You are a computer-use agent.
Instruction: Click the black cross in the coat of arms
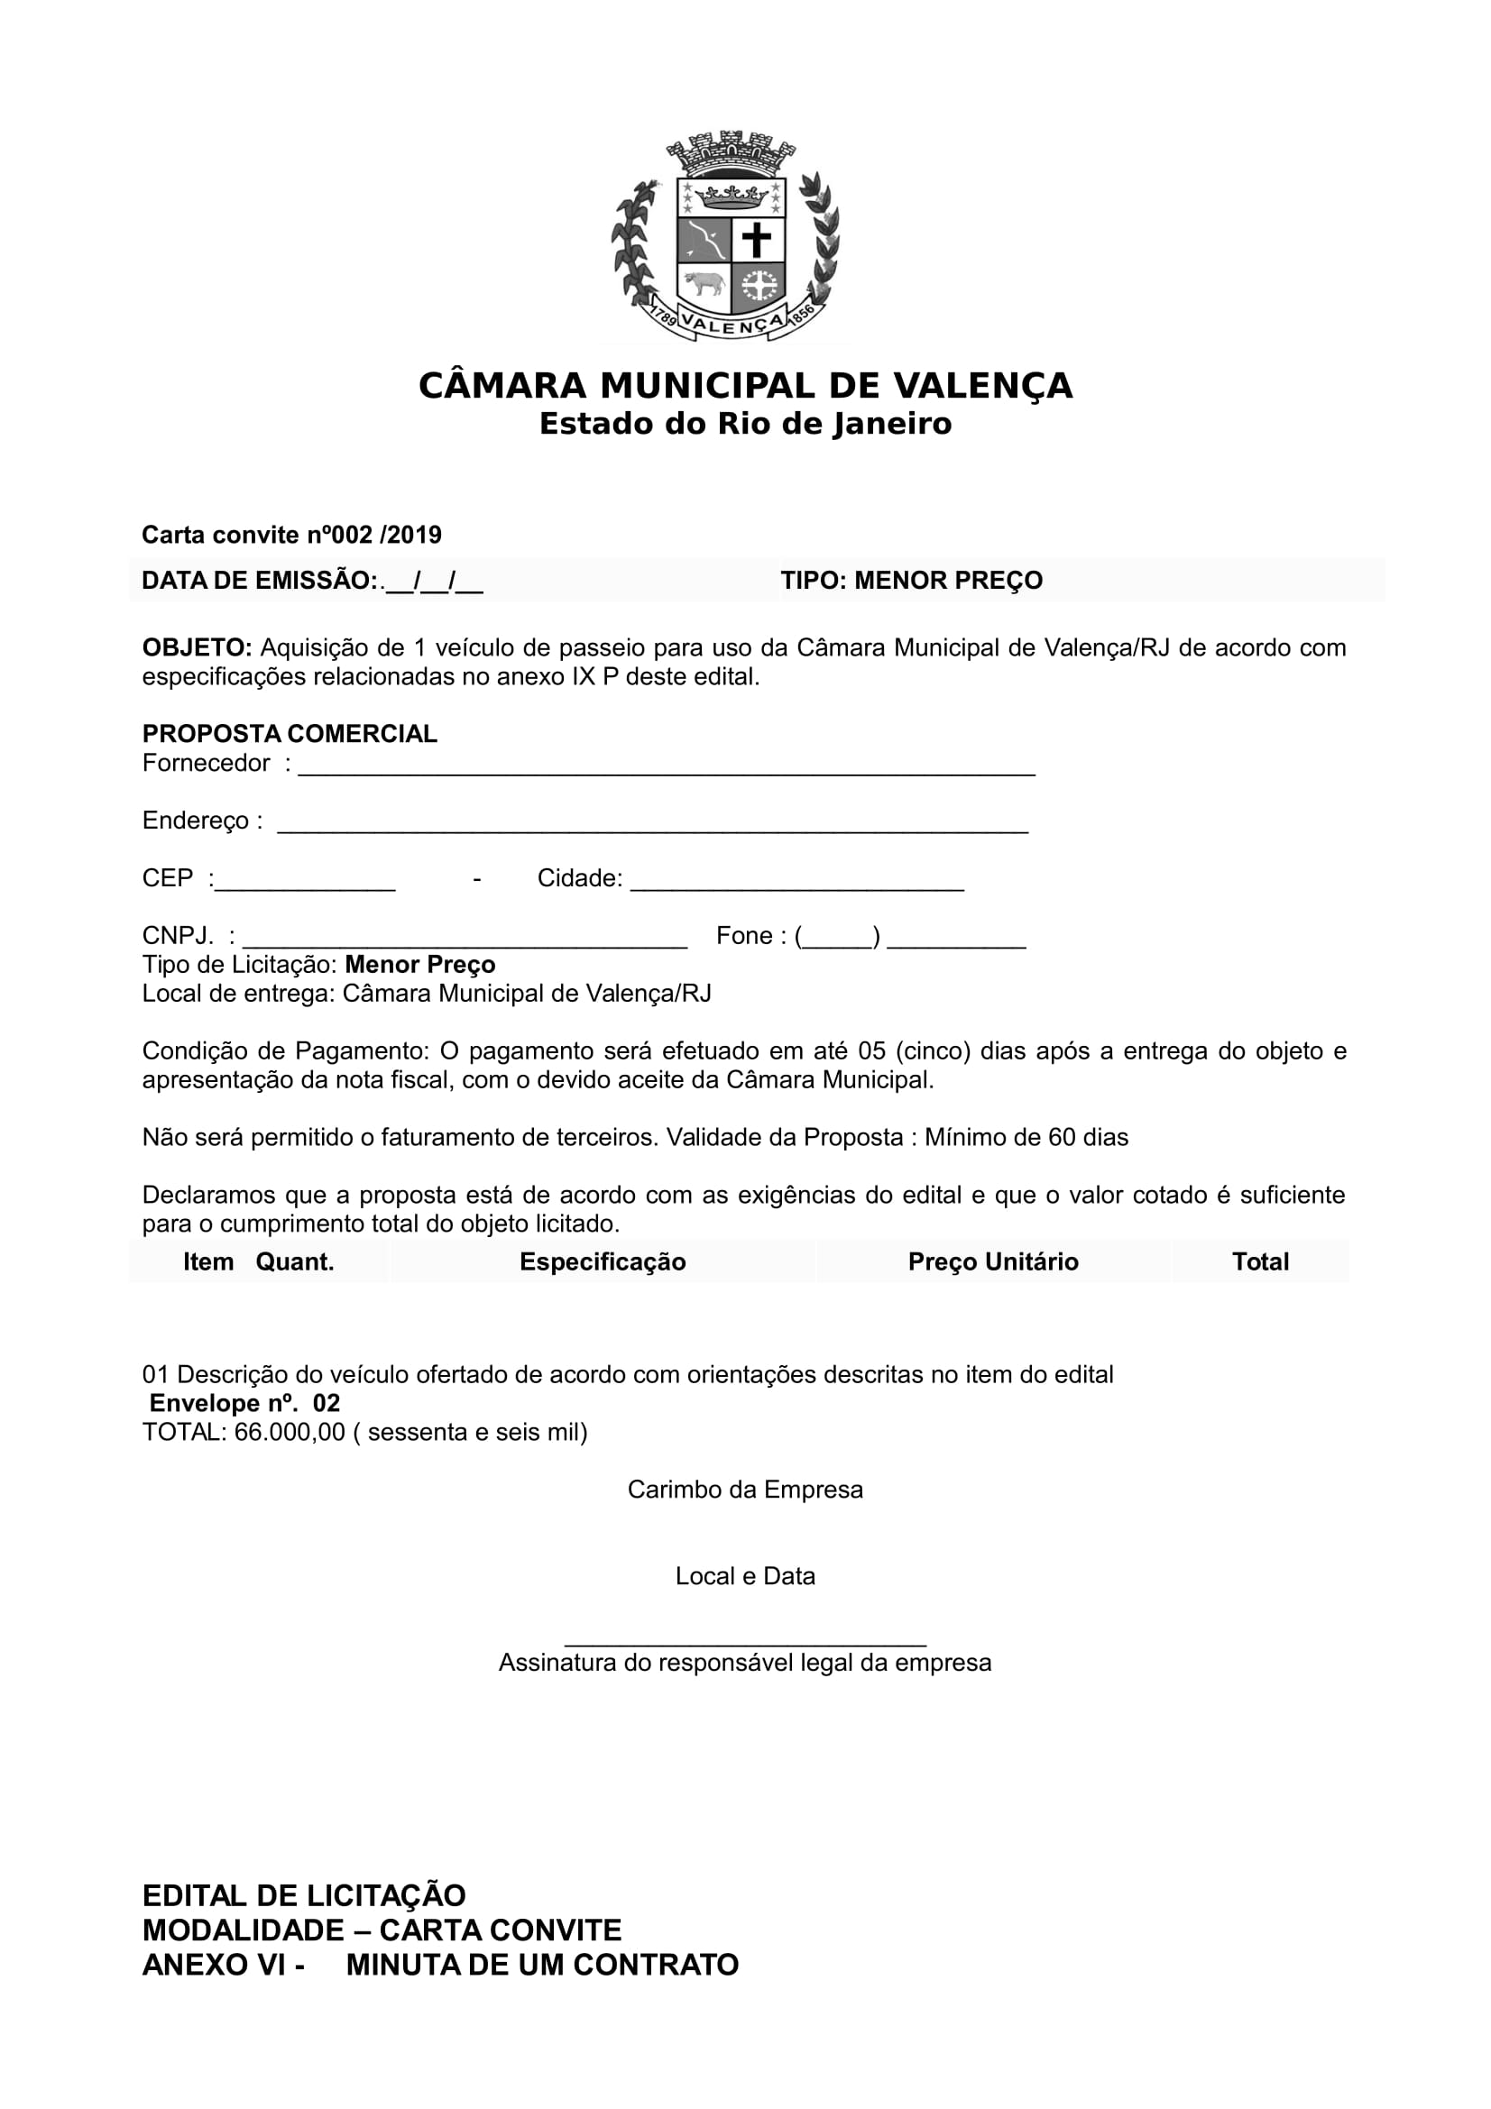click(x=757, y=241)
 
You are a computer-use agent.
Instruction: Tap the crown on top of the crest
click(x=731, y=152)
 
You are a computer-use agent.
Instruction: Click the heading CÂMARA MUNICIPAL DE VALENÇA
click(x=745, y=386)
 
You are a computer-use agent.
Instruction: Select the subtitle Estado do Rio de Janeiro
click(x=745, y=425)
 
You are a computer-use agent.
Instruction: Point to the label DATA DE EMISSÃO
click(x=259, y=581)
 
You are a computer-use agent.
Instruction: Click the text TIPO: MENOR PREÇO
click(x=911, y=581)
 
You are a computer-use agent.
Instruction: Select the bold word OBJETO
click(x=197, y=647)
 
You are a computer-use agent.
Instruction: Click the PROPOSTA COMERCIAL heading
click(x=290, y=734)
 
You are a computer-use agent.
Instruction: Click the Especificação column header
click(x=603, y=1262)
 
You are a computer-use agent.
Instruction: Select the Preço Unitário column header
click(x=993, y=1262)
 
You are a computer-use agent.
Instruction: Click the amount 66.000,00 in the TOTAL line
click(x=290, y=1432)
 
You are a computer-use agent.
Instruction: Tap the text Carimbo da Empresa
click(x=745, y=1490)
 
